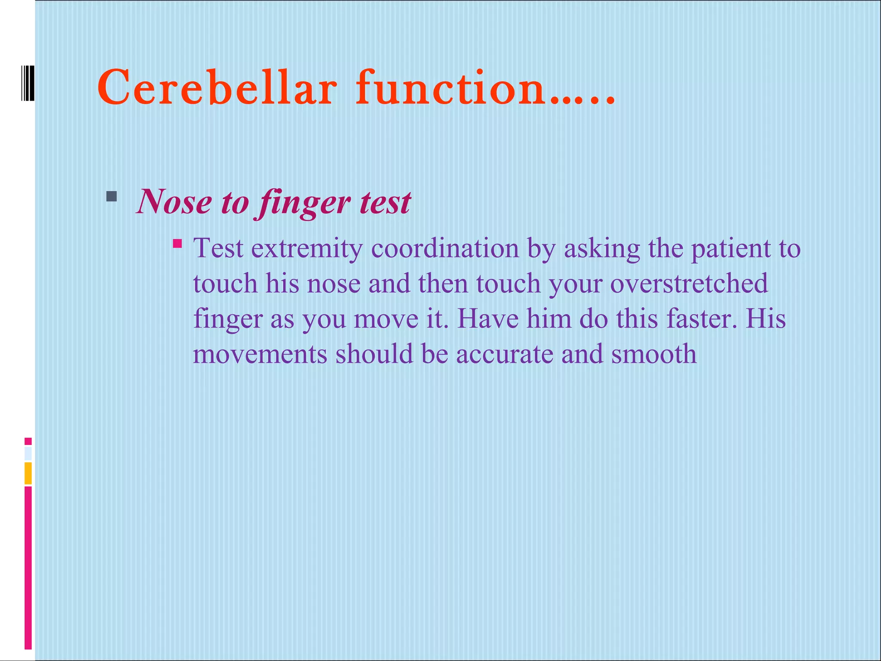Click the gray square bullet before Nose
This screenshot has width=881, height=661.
[x=111, y=197]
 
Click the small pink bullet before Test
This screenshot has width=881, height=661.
[x=177, y=244]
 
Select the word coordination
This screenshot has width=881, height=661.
[x=445, y=248]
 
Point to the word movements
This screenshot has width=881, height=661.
[x=260, y=354]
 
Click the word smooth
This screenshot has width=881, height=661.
[x=653, y=354]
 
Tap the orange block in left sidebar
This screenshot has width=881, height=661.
[x=28, y=473]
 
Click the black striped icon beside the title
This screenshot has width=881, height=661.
[x=27, y=83]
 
